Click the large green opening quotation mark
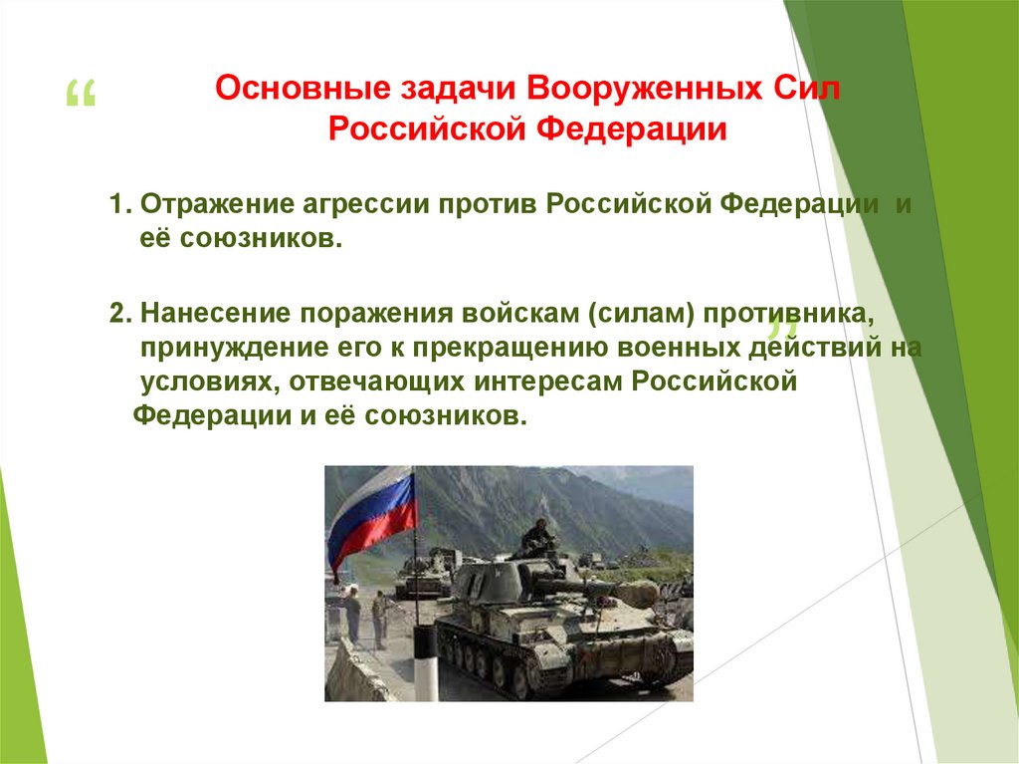pos(80,97)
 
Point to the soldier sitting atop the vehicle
pos(537,538)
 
